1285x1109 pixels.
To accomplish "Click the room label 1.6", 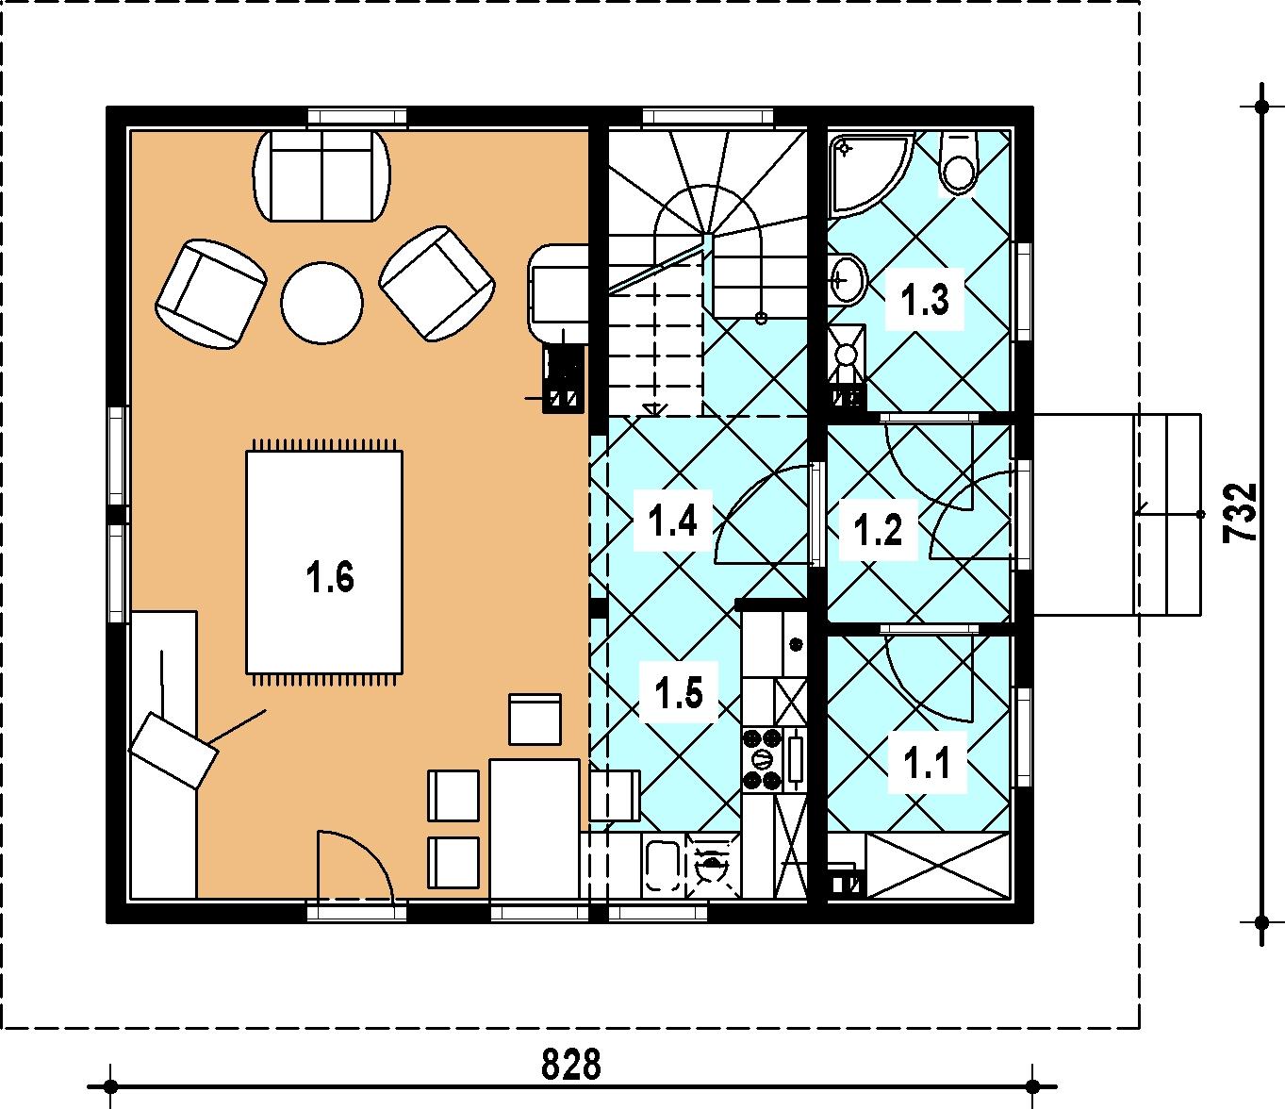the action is [x=330, y=577].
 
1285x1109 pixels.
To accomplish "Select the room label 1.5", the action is [x=679, y=693].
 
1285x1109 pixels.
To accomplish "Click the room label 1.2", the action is [x=878, y=530].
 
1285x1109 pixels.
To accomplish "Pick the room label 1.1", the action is [x=927, y=763].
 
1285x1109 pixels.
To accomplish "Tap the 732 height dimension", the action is [x=1239, y=514].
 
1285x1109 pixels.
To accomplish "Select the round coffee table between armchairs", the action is [x=321, y=303].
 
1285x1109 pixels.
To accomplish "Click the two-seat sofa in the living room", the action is [x=322, y=175].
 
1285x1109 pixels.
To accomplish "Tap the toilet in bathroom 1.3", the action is [x=959, y=160].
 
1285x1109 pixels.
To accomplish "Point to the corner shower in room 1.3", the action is [x=868, y=174].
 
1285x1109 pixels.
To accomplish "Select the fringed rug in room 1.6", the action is [x=324, y=563].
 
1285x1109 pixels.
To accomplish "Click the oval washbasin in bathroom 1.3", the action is [x=848, y=280].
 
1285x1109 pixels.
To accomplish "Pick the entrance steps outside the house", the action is [x=1117, y=514].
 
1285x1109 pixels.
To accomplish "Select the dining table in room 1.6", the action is [x=535, y=829].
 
